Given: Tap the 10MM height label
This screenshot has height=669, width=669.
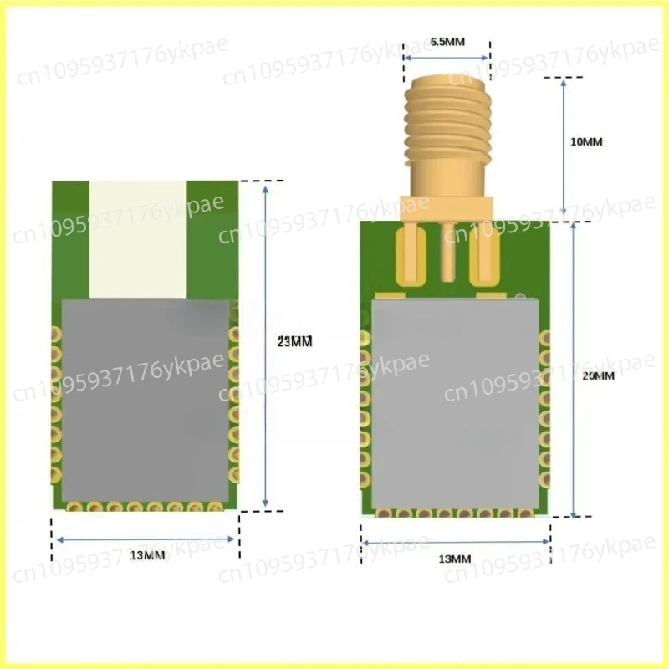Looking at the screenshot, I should click(x=585, y=142).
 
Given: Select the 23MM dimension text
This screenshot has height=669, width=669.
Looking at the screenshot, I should click(x=294, y=341).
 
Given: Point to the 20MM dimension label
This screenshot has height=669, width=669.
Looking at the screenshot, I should click(x=597, y=376).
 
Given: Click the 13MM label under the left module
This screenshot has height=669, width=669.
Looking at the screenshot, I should click(x=147, y=555).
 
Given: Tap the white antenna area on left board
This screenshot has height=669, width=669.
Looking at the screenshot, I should click(x=138, y=238).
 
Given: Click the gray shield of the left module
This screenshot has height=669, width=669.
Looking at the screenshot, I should click(x=146, y=401).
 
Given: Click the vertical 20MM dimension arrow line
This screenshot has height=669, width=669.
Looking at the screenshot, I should click(x=574, y=368).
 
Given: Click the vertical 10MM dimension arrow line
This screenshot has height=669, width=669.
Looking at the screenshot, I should click(x=564, y=146).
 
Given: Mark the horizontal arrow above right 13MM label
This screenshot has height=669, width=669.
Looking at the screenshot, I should click(x=456, y=543).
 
